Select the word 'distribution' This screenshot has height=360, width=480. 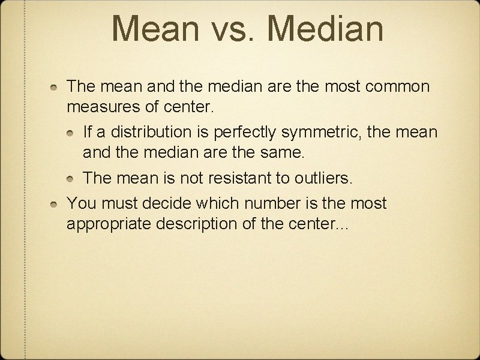pos(155,130)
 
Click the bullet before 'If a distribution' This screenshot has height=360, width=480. pos(71,131)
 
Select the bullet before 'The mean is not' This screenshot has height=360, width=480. pos(71,179)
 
